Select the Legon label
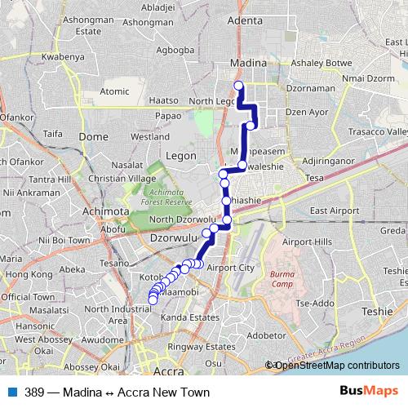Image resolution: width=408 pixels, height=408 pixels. tap(180, 153)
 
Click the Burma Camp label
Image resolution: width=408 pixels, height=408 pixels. tap(282, 280)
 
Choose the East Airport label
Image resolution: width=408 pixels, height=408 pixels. tap(335, 211)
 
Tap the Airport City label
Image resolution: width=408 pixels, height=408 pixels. tap(231, 268)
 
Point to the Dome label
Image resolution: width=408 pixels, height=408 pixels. tap(96, 136)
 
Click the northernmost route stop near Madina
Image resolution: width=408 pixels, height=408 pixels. tap(239, 86)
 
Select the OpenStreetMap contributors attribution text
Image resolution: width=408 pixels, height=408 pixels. tap(335, 365)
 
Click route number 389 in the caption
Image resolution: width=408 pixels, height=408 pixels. tap(34, 392)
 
